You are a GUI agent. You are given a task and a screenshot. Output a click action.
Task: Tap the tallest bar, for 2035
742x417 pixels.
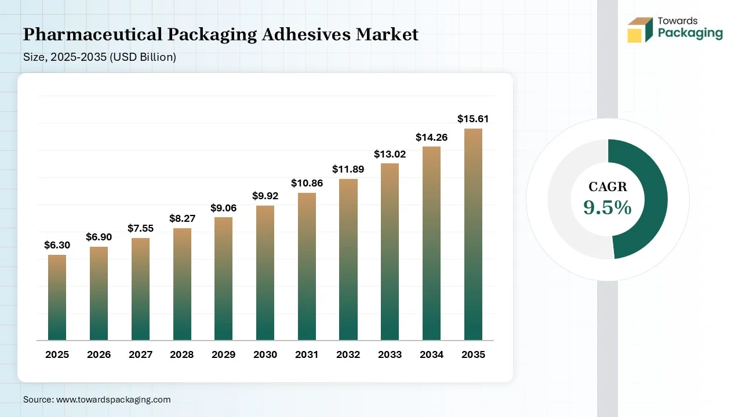tap(473, 234)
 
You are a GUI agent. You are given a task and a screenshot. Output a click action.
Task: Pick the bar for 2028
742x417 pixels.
tap(182, 284)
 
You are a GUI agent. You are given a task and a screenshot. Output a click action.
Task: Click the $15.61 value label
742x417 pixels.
tap(473, 119)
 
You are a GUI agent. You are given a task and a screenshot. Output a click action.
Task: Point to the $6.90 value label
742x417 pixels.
tap(99, 237)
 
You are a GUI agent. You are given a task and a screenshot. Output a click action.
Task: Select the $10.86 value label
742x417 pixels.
tap(307, 183)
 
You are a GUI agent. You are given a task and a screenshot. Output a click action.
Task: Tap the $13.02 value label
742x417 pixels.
tap(390, 154)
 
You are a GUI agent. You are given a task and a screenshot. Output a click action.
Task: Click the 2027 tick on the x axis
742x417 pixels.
tap(140, 354)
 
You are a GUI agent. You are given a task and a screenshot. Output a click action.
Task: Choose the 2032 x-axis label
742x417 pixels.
tap(348, 354)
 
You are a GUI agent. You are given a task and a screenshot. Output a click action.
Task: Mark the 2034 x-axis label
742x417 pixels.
tap(431, 354)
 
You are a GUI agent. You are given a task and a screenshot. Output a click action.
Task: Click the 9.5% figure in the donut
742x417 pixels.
tap(608, 207)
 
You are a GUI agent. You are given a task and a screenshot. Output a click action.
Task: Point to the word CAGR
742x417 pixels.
tap(608, 187)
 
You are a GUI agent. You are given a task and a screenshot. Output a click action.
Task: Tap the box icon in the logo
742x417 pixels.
tap(640, 30)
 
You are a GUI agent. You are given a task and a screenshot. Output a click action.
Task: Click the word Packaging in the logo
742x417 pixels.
tap(690, 34)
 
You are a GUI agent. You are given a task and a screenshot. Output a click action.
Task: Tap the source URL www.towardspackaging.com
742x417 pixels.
tap(112, 400)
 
